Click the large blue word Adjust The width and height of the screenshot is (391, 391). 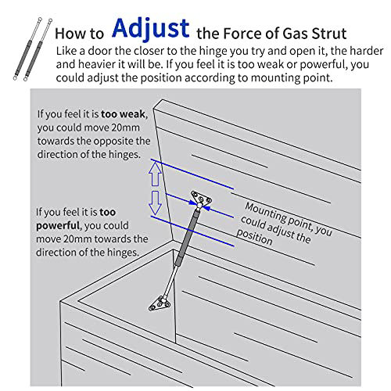[151, 28]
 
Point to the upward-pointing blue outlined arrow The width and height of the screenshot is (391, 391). [155, 173]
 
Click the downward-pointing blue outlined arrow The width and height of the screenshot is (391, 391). [155, 203]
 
